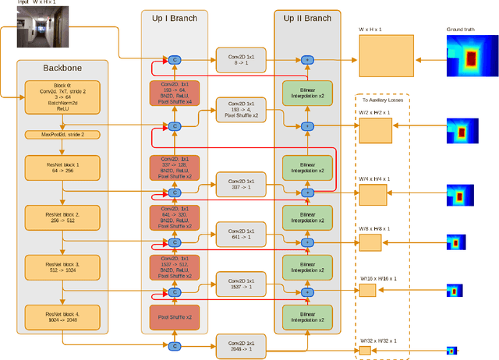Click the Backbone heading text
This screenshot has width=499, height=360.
(61, 69)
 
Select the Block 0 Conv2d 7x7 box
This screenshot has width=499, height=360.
(61, 99)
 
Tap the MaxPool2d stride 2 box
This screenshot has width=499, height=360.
(61, 135)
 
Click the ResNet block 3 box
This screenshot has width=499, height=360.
(61, 266)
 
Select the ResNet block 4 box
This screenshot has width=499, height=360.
(61, 316)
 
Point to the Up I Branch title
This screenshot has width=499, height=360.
(174, 18)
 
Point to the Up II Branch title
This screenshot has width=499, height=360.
(306, 18)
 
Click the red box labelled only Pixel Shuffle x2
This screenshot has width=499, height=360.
(174, 317)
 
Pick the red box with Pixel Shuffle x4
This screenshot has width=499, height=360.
(174, 92)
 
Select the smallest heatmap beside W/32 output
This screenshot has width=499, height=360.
(450, 351)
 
